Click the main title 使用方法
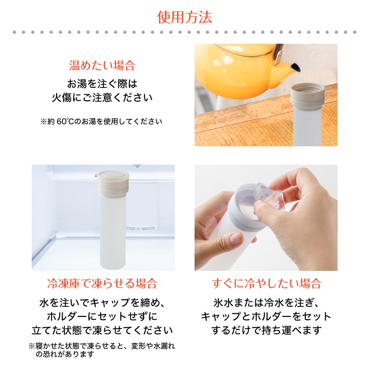(184, 17)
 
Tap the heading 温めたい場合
(102, 65)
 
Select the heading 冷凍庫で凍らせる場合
(102, 283)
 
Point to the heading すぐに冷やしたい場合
(266, 283)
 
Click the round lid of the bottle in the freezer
(113, 176)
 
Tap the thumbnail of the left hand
(236, 238)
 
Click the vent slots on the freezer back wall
(140, 228)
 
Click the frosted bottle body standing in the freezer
(113, 231)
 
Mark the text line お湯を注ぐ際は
(102, 84)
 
